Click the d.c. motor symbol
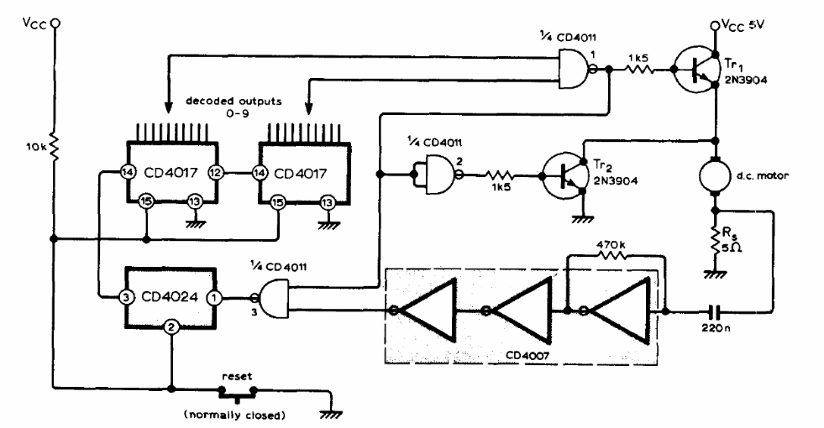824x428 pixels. pyautogui.click(x=714, y=176)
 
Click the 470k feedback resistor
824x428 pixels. pyautogui.click(x=611, y=256)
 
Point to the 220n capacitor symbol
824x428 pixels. pyautogui.click(x=714, y=311)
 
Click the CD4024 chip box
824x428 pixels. pyautogui.click(x=170, y=297)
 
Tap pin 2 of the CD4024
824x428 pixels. pyautogui.click(x=171, y=326)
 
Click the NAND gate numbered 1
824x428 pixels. pyautogui.click(x=576, y=69)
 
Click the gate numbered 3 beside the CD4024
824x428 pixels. pyautogui.click(x=272, y=298)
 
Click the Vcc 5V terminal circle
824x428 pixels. pyautogui.click(x=714, y=25)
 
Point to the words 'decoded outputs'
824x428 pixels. pyautogui.click(x=234, y=101)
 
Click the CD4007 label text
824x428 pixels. pyautogui.click(x=527, y=356)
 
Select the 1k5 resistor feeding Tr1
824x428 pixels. pyautogui.click(x=638, y=69)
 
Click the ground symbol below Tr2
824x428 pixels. pyautogui.click(x=582, y=218)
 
